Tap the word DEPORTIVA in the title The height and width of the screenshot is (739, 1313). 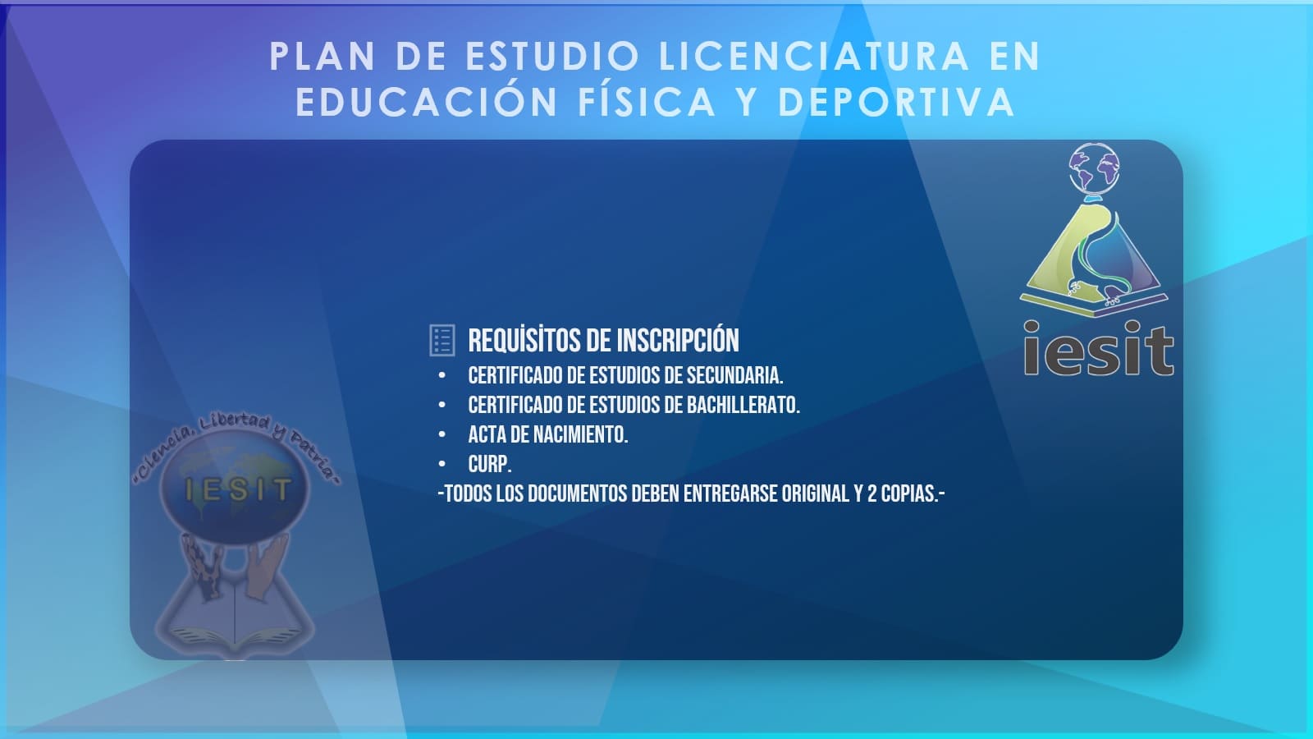click(x=896, y=102)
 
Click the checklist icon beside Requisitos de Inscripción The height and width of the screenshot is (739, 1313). click(x=442, y=340)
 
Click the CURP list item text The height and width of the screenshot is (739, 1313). click(x=489, y=465)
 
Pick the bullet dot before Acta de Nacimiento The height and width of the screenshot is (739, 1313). click(x=442, y=434)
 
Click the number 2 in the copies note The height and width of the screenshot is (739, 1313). click(x=872, y=493)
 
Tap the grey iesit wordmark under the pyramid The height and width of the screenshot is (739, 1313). click(x=1099, y=348)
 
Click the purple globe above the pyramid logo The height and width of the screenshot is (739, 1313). click(x=1094, y=169)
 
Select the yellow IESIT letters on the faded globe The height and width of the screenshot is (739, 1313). click(x=238, y=489)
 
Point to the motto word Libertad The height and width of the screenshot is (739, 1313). click(x=235, y=422)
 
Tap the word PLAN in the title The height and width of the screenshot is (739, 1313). click(x=323, y=57)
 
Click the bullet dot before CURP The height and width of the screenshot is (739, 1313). click(x=442, y=465)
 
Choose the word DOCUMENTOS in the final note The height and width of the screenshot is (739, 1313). click(x=578, y=493)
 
